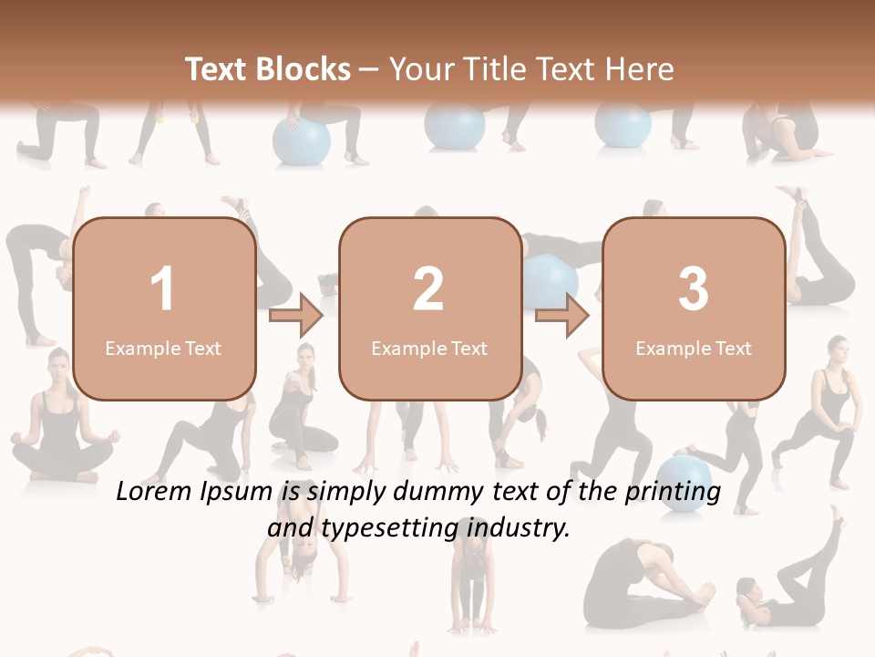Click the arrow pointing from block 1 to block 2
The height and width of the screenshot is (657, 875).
pos(296,316)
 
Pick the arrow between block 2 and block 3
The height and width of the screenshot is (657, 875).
pos(562,316)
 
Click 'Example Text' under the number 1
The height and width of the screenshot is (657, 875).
pos(163,348)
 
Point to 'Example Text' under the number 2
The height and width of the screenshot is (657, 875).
pos(429,348)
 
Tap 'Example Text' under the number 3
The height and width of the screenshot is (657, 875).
pos(694,348)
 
